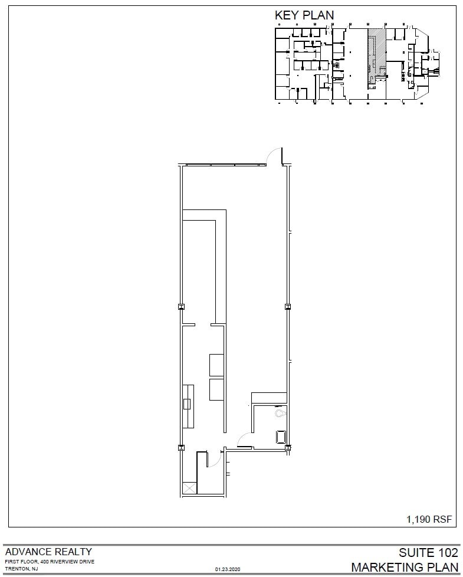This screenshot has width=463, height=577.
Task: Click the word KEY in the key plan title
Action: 287,15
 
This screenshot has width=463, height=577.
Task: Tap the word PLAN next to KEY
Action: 318,15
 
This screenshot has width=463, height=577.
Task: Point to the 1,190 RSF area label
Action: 429,519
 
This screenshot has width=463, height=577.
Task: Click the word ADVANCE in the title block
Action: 27,552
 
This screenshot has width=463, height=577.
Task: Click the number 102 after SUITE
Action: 446,553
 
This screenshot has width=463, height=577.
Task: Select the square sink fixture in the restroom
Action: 281,437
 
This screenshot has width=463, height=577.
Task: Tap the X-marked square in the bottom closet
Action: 189,488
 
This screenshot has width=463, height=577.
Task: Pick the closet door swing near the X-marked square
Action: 215,458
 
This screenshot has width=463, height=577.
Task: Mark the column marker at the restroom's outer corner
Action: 288,448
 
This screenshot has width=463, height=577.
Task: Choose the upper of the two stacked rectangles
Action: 216,364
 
